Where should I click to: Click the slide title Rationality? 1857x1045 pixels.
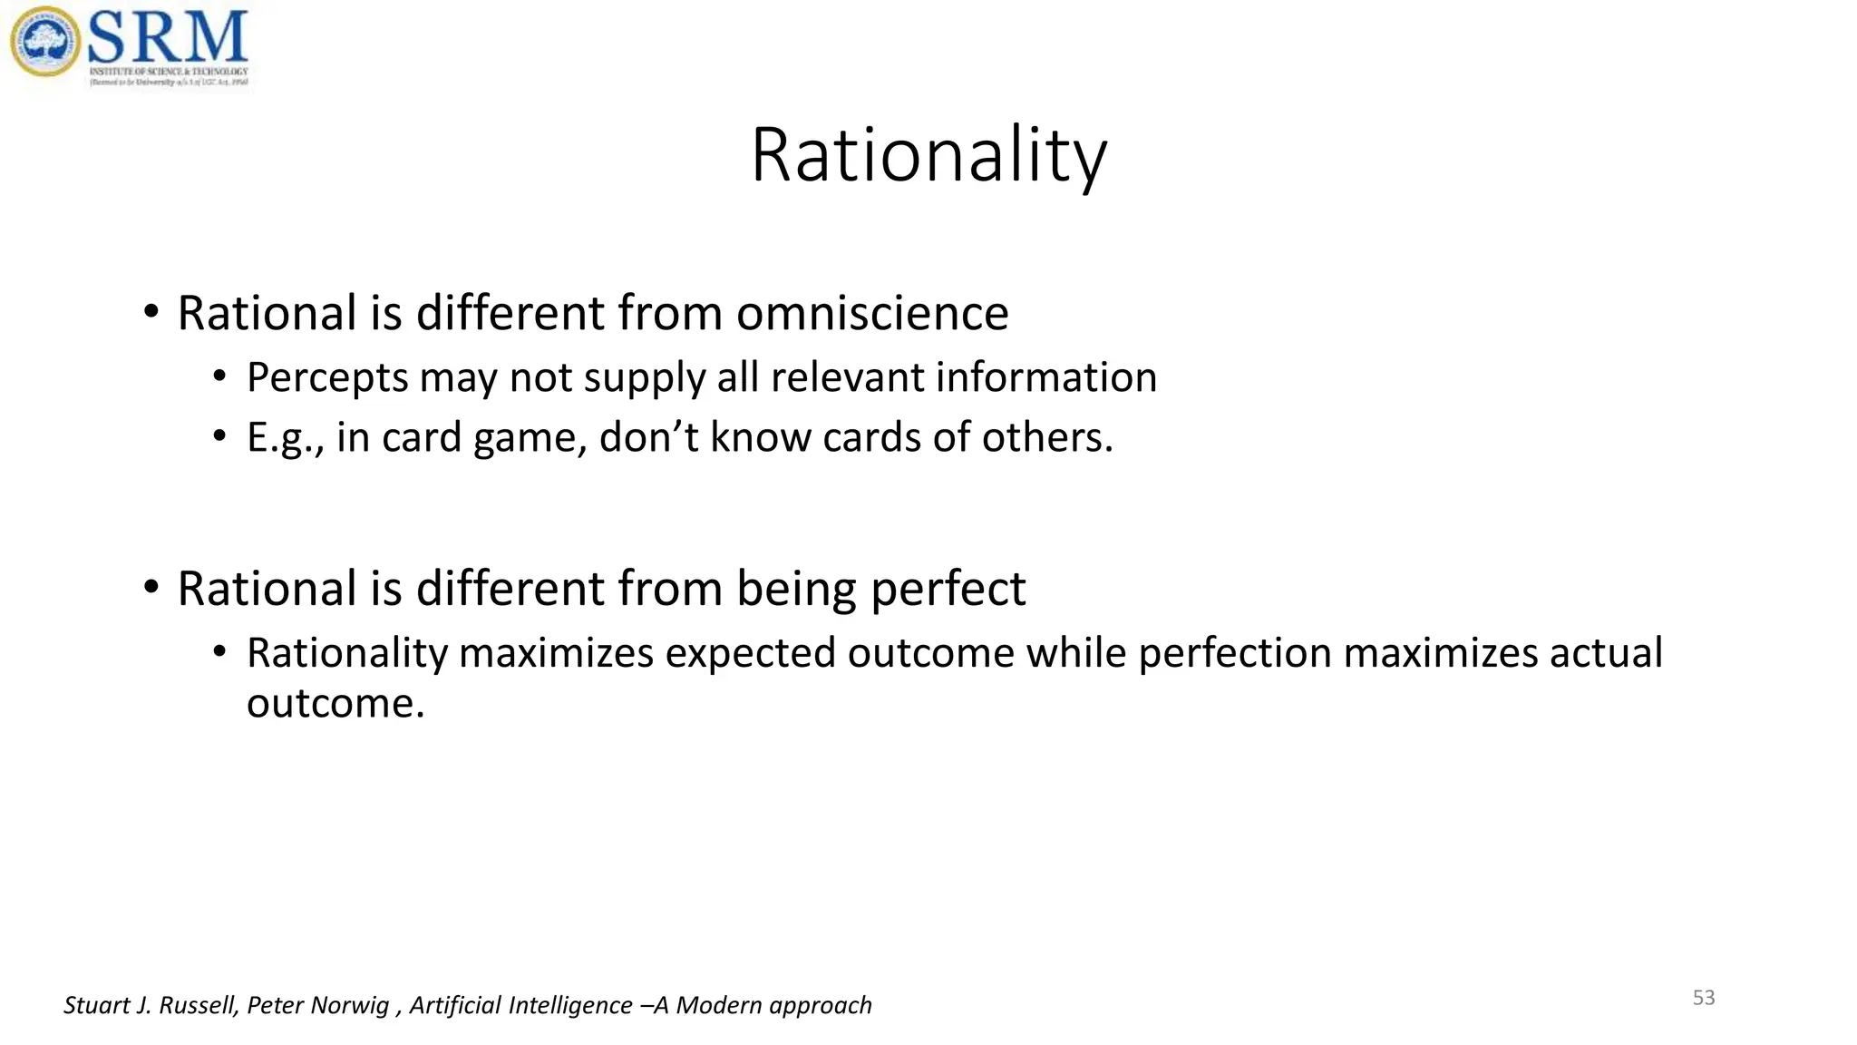(x=928, y=156)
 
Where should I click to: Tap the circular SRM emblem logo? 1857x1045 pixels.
(x=44, y=42)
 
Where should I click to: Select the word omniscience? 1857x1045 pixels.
(x=871, y=314)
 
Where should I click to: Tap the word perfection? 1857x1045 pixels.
(x=1234, y=654)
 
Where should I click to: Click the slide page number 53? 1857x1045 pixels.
(x=1704, y=998)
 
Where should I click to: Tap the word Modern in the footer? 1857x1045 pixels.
(x=717, y=1005)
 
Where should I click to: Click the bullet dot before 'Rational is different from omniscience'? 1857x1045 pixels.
(x=151, y=313)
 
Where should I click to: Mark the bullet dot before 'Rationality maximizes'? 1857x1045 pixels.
(x=219, y=651)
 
